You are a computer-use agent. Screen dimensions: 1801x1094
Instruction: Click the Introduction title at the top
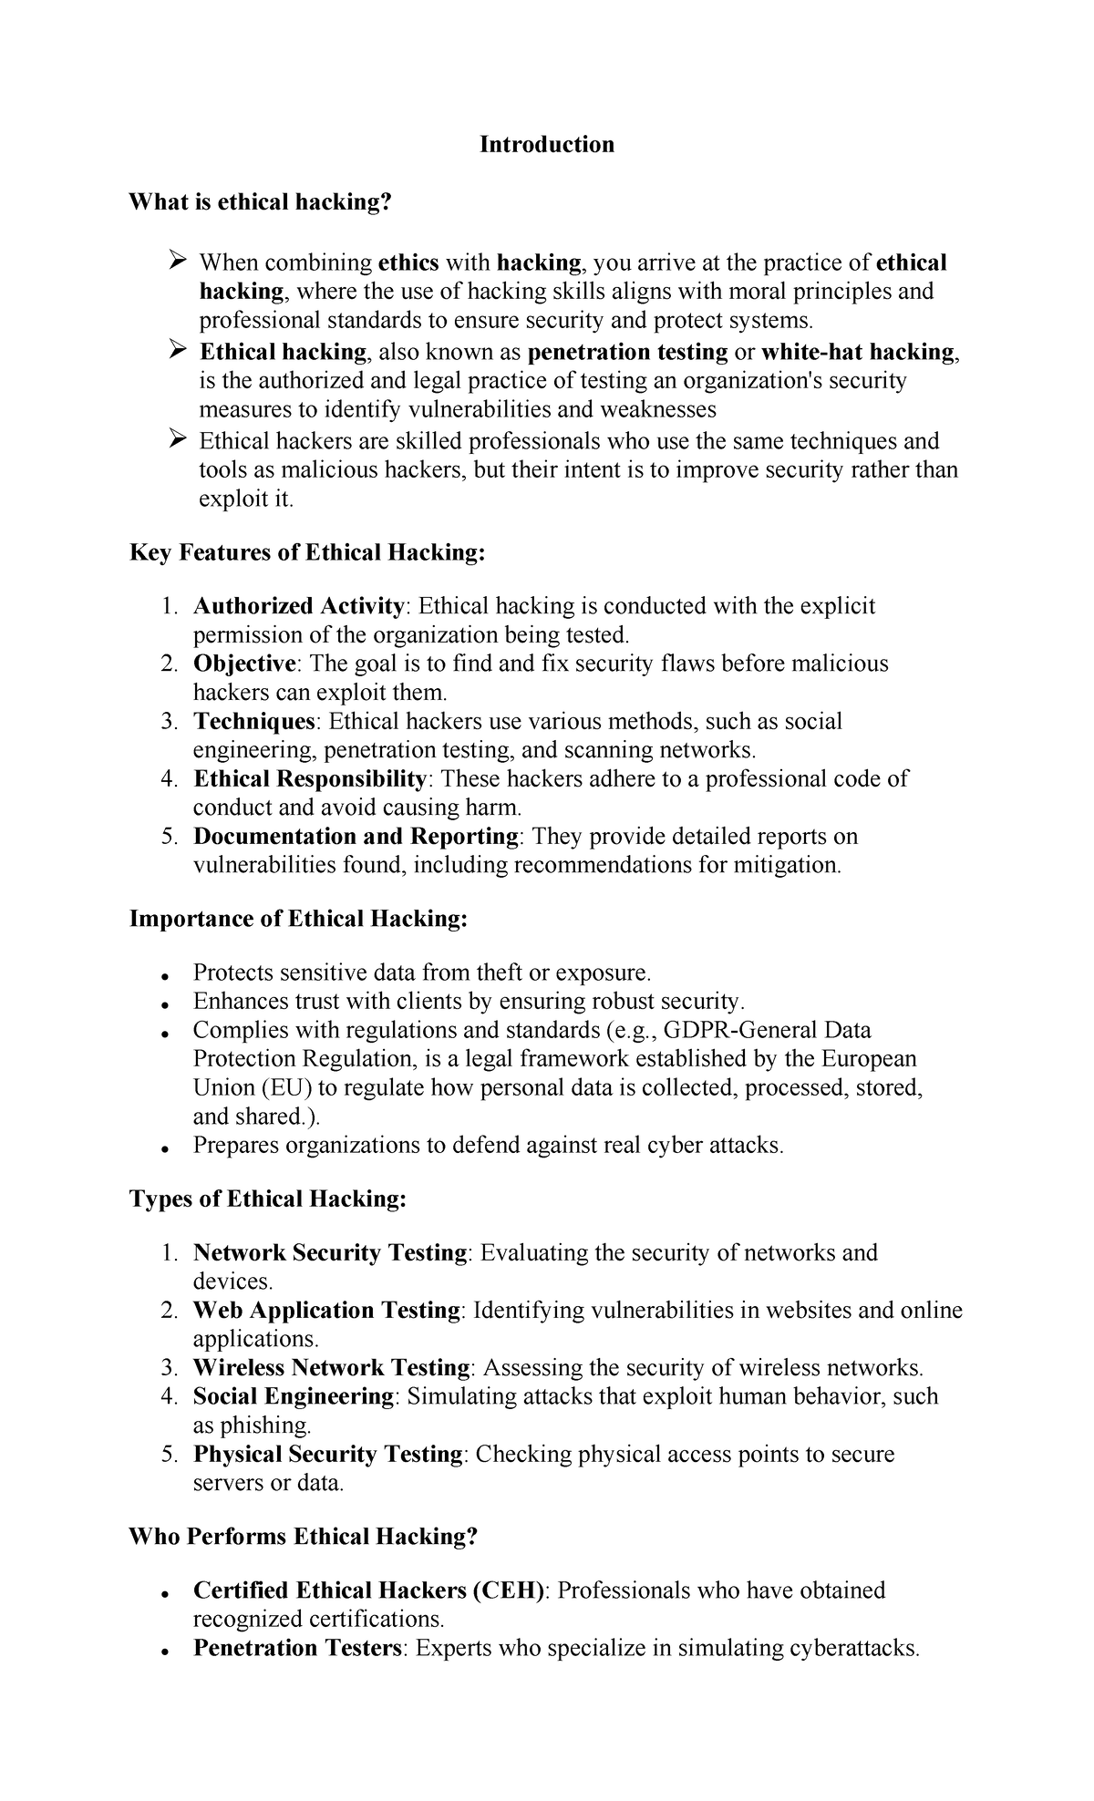[x=547, y=144]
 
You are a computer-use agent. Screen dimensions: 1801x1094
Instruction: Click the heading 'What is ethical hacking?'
[x=259, y=201]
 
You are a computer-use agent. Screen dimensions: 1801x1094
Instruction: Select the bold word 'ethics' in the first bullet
[x=408, y=262]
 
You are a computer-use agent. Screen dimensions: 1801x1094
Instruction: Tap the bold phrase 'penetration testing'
[x=627, y=352]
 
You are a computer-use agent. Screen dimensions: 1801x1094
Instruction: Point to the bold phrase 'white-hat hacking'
[x=857, y=352]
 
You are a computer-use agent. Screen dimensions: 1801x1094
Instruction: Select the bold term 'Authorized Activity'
[x=298, y=606]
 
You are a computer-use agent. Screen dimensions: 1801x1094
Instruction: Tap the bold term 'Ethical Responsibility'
[x=310, y=778]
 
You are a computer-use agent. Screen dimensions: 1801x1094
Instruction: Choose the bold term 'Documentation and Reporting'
[x=356, y=836]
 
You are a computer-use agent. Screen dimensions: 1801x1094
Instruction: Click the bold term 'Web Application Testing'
[x=326, y=1310]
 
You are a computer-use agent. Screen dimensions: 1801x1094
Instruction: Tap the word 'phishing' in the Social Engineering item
[x=265, y=1425]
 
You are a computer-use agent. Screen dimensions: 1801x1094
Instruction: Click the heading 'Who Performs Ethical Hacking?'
[x=304, y=1537]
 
